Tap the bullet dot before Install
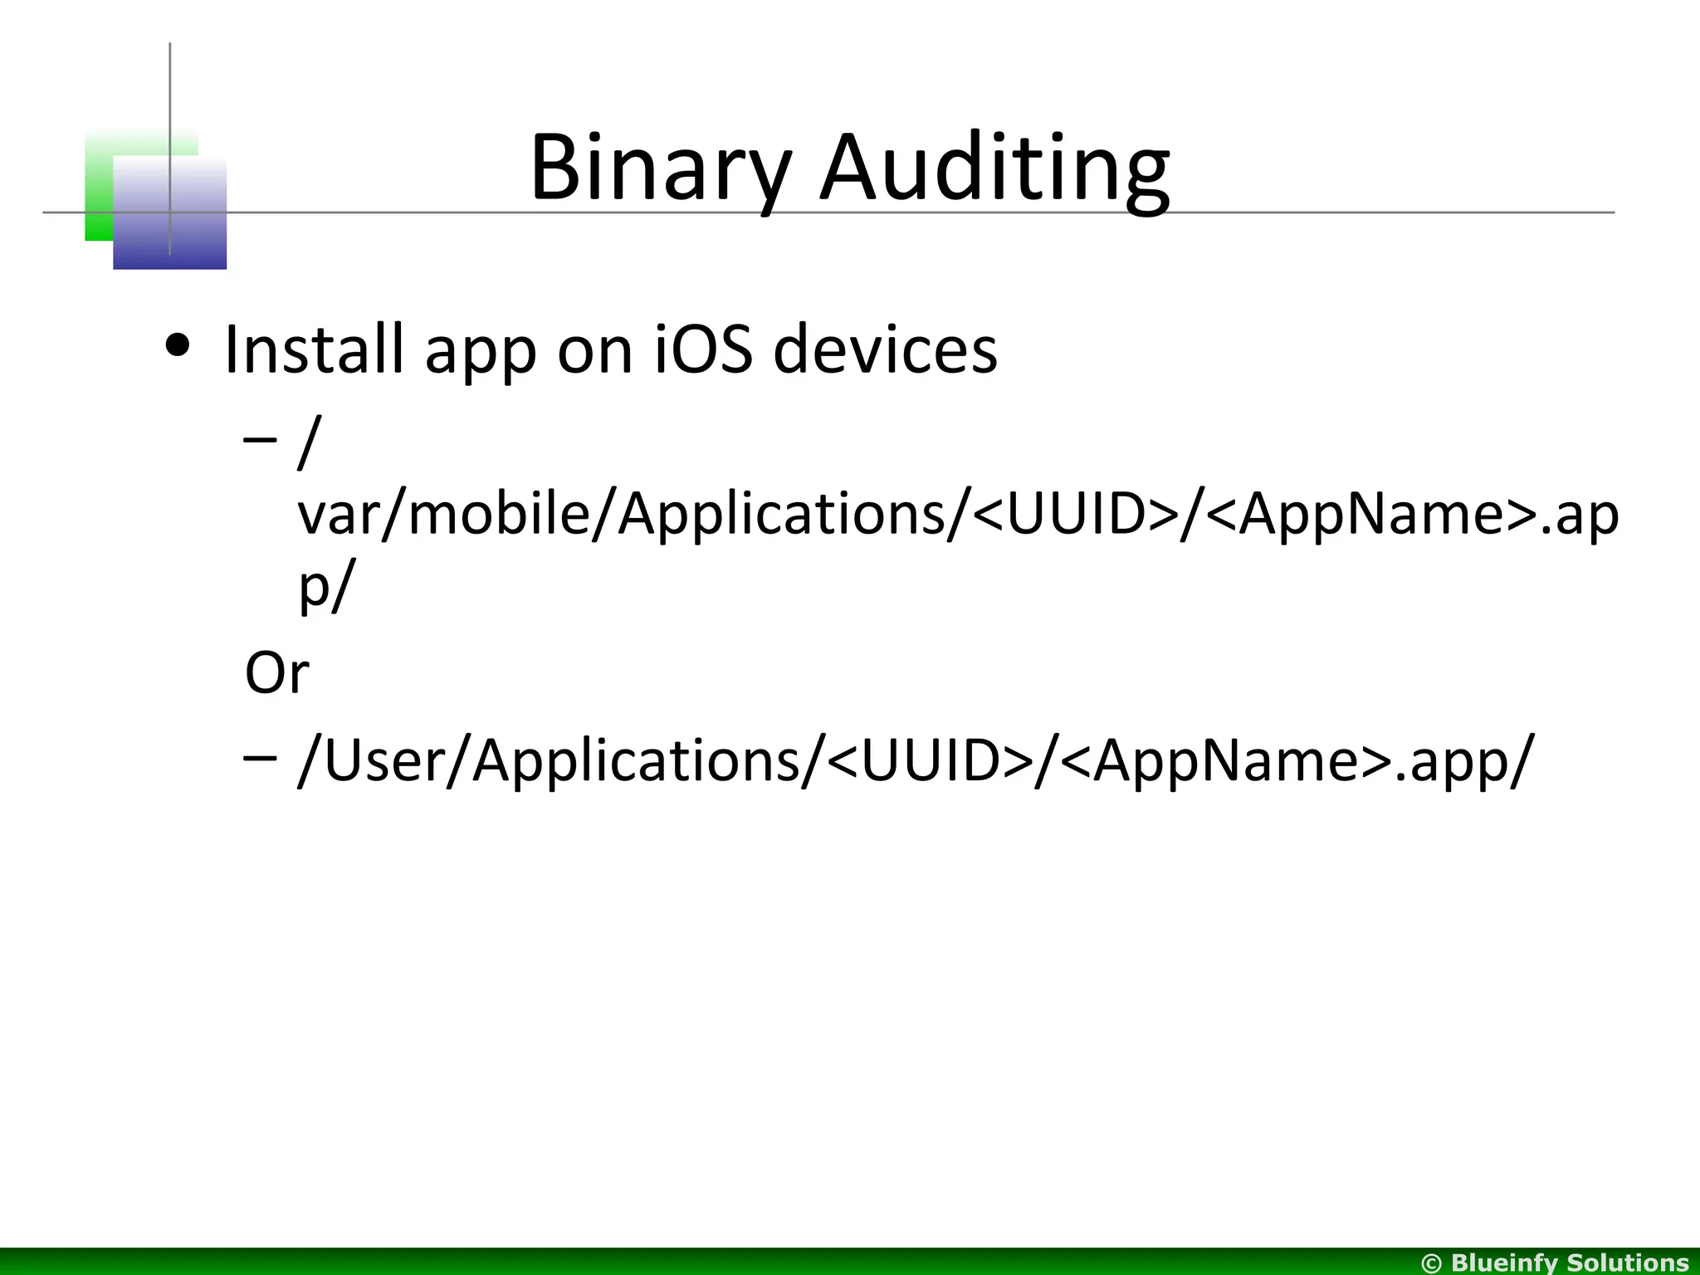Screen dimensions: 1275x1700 (178, 344)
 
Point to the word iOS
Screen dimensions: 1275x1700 (703, 349)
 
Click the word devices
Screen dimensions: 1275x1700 (885, 349)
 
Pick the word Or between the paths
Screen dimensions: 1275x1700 (276, 672)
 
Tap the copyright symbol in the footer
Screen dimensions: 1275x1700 (1432, 1263)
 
